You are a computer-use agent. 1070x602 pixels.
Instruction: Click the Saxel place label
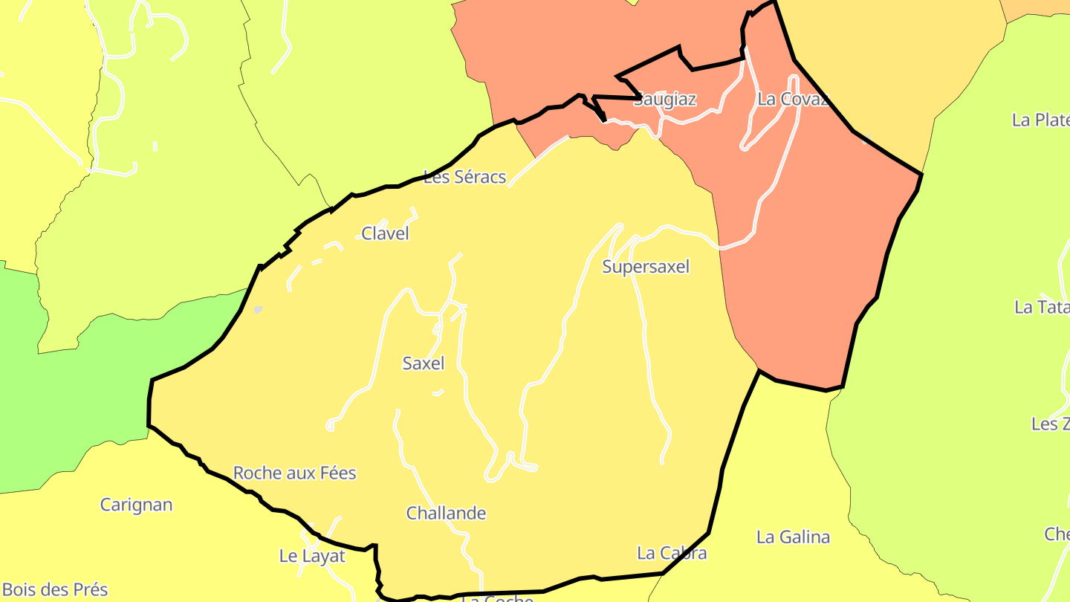[x=423, y=363]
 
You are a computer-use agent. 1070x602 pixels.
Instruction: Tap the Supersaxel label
[x=646, y=267]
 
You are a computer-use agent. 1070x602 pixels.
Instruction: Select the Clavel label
[x=385, y=233]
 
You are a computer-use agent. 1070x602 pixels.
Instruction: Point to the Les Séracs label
[x=464, y=177]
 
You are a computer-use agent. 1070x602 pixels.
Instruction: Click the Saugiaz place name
[x=665, y=100]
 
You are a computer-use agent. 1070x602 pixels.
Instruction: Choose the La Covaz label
[x=792, y=100]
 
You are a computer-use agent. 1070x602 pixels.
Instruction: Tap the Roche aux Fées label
[x=294, y=473]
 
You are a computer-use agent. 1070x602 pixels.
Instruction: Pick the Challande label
[x=446, y=514]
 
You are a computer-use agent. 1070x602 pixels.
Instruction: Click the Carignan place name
[x=136, y=505]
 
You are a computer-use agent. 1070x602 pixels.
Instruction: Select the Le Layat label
[x=312, y=556]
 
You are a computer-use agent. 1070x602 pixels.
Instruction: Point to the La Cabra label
[x=672, y=554]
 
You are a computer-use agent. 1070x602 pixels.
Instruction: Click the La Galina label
[x=793, y=537]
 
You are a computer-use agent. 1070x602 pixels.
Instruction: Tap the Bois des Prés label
[x=55, y=590]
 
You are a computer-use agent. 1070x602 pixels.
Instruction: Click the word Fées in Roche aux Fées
[x=336, y=473]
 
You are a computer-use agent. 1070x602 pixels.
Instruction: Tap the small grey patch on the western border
[x=258, y=309]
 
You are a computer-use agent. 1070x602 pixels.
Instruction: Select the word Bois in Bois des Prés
[x=20, y=590]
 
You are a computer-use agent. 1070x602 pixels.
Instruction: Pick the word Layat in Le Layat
[x=324, y=556]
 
